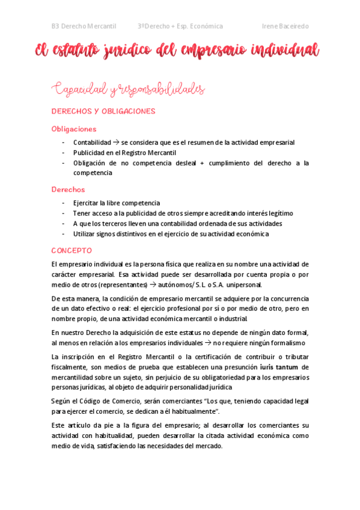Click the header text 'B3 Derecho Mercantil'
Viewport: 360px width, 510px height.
coord(85,26)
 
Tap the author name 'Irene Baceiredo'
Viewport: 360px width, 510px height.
coord(285,26)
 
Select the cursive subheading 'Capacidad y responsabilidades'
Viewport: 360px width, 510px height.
coord(128,90)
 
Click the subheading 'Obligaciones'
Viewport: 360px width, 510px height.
coord(74,129)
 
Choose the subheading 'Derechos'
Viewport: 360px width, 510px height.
coord(68,189)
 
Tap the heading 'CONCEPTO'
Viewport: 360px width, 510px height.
coord(72,250)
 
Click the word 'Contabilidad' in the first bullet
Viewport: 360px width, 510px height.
coord(92,143)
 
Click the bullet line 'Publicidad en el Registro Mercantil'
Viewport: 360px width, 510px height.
coord(124,153)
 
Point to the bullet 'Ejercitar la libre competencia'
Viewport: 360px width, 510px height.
coord(117,203)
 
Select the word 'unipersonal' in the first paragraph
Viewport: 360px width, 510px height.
coord(243,284)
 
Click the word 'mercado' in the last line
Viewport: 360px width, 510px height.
coord(207,446)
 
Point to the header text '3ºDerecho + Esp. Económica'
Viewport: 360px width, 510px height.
coord(180,26)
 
